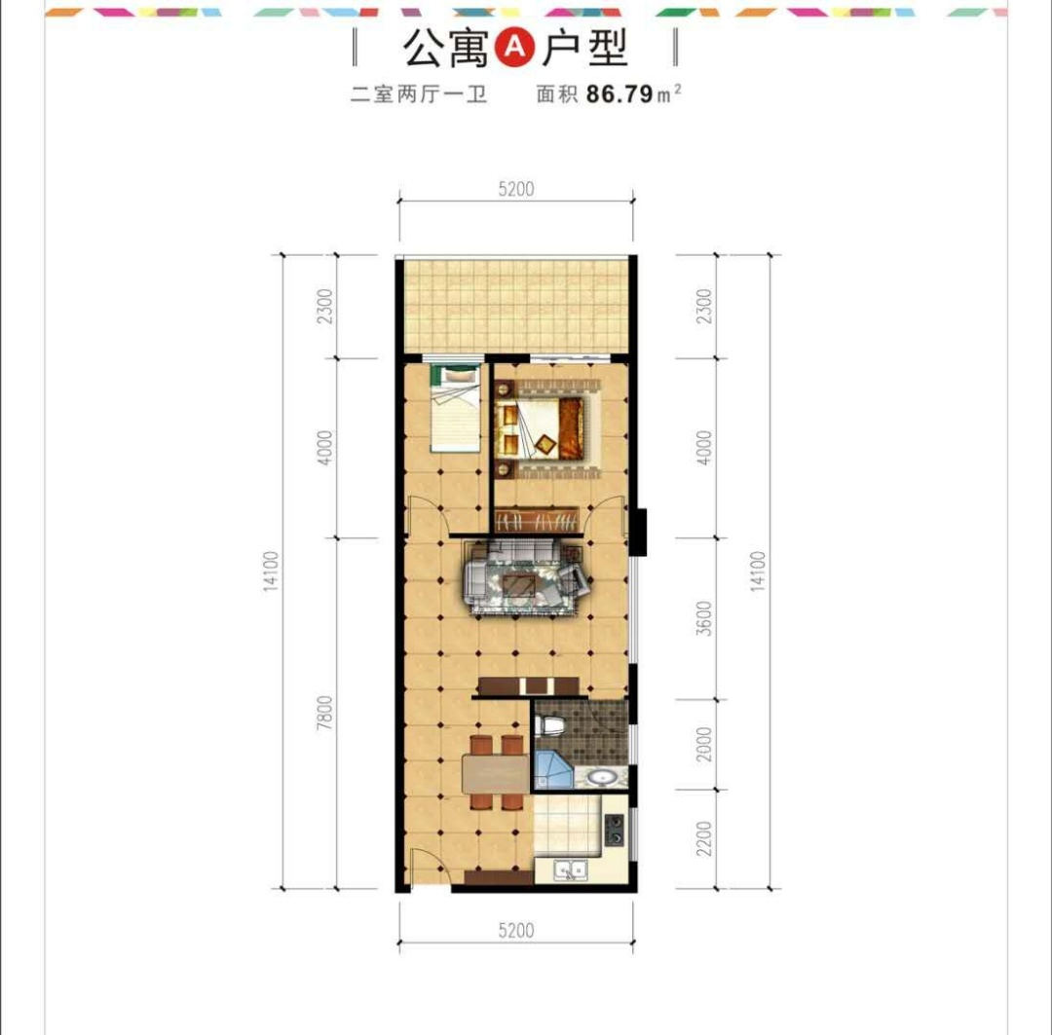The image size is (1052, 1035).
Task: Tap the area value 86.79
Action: coord(620,93)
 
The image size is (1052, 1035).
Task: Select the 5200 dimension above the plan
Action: coord(516,189)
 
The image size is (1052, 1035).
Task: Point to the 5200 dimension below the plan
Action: coord(516,931)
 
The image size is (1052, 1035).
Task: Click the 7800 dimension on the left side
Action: coord(324,713)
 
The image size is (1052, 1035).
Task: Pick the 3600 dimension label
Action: coord(703,617)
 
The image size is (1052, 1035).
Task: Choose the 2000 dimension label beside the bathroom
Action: coord(703,744)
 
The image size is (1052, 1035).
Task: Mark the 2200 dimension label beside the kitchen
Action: coord(703,838)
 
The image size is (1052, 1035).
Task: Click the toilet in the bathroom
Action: coord(550,724)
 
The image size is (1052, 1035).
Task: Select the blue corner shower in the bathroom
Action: coord(553,769)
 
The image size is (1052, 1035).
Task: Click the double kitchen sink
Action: coord(570,870)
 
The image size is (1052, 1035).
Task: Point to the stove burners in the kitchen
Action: coord(614,830)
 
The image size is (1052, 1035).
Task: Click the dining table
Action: coord(495,773)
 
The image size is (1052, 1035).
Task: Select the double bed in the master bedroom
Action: coord(540,428)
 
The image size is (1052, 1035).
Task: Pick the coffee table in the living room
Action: coord(520,585)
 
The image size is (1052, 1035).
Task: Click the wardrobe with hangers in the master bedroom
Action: coord(536,521)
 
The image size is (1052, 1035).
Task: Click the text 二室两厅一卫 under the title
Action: coord(419,93)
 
